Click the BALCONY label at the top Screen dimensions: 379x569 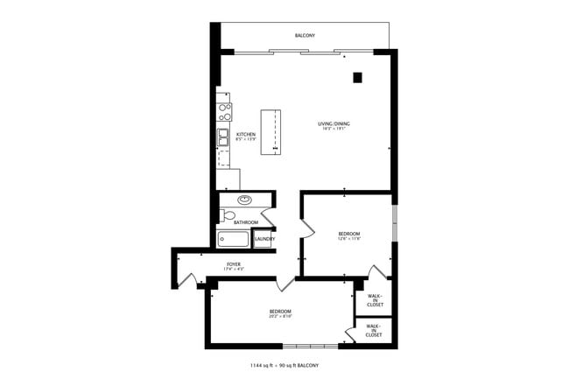[305, 35]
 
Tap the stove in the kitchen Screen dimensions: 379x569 [224, 111]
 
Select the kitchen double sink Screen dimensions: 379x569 [224, 137]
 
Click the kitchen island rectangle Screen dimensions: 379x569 [271, 133]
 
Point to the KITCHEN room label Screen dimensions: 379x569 [245, 136]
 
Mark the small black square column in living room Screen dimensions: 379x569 [357, 78]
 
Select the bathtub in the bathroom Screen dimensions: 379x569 [234, 240]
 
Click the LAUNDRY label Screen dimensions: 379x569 [265, 239]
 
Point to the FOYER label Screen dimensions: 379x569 [234, 265]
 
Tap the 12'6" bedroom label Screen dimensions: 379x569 [349, 235]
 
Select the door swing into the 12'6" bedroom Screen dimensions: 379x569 [306, 228]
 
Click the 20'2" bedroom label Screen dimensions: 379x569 [280, 313]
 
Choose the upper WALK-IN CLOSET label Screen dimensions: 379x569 [374, 299]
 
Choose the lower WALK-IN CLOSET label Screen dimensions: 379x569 [374, 332]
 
